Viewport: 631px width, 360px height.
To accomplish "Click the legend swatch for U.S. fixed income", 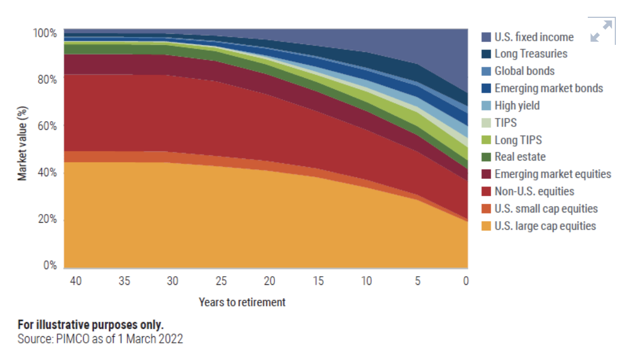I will point(486,37).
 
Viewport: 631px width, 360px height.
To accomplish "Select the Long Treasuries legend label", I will point(531,54).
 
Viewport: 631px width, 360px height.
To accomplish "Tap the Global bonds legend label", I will point(524,71).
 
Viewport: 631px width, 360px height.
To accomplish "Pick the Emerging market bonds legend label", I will point(548,88).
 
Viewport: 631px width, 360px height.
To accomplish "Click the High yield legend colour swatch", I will point(486,105).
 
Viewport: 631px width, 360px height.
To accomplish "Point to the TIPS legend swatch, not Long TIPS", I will point(486,123).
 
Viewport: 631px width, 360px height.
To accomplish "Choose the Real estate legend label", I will point(520,157).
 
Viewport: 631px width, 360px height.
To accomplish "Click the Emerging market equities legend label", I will point(552,174).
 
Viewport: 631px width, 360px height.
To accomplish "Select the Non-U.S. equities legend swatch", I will point(486,191).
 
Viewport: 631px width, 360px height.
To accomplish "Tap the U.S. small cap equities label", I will point(546,209).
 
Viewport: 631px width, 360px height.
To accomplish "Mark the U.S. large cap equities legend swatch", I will point(486,226).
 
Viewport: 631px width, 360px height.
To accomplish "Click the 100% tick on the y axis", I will point(44,34).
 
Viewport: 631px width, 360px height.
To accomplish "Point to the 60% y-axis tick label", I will point(46,126).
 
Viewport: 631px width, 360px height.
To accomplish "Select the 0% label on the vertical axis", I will point(50,266).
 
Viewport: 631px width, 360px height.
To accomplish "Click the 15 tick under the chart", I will point(318,281).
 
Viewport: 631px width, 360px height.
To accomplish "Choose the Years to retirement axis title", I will point(241,302).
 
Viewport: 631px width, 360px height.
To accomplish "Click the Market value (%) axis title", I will point(23,143).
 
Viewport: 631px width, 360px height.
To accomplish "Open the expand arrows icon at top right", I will point(602,31).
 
